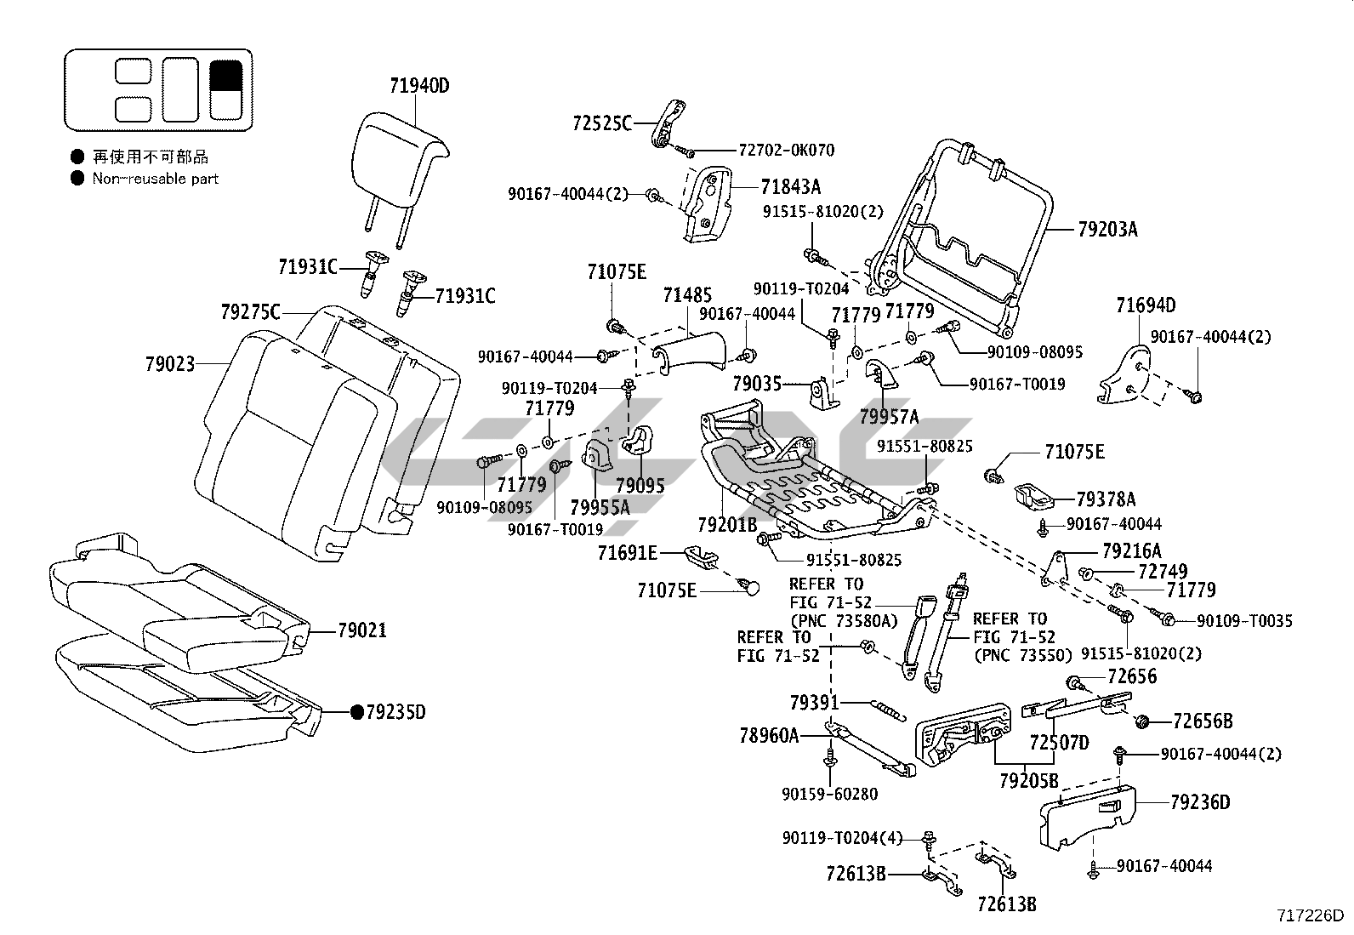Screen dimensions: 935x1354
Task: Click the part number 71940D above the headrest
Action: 419,86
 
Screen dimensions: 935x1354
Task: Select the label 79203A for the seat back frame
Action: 1107,229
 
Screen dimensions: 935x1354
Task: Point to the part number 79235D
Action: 395,712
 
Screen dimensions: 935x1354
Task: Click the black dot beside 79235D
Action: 357,712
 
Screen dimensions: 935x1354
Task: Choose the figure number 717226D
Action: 1311,916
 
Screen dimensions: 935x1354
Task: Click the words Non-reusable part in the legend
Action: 156,179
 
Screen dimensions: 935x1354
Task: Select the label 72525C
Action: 602,123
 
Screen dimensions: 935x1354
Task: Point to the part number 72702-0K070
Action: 787,150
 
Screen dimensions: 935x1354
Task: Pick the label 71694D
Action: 1146,305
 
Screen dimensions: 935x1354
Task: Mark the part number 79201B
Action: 727,525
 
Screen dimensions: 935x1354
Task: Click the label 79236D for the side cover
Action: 1200,802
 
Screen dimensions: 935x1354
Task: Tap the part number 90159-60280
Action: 830,794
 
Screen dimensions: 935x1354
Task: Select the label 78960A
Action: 769,735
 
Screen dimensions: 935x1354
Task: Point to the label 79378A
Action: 1106,499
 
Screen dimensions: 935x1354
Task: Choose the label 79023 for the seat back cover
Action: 170,364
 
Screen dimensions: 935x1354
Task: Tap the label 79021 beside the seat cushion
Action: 362,630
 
